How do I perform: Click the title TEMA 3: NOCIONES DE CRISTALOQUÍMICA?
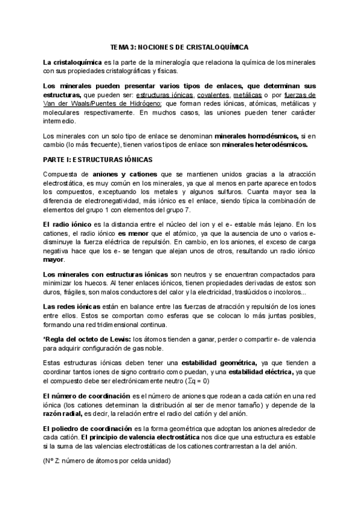tap(179, 46)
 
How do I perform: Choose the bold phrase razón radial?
tap(65, 414)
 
